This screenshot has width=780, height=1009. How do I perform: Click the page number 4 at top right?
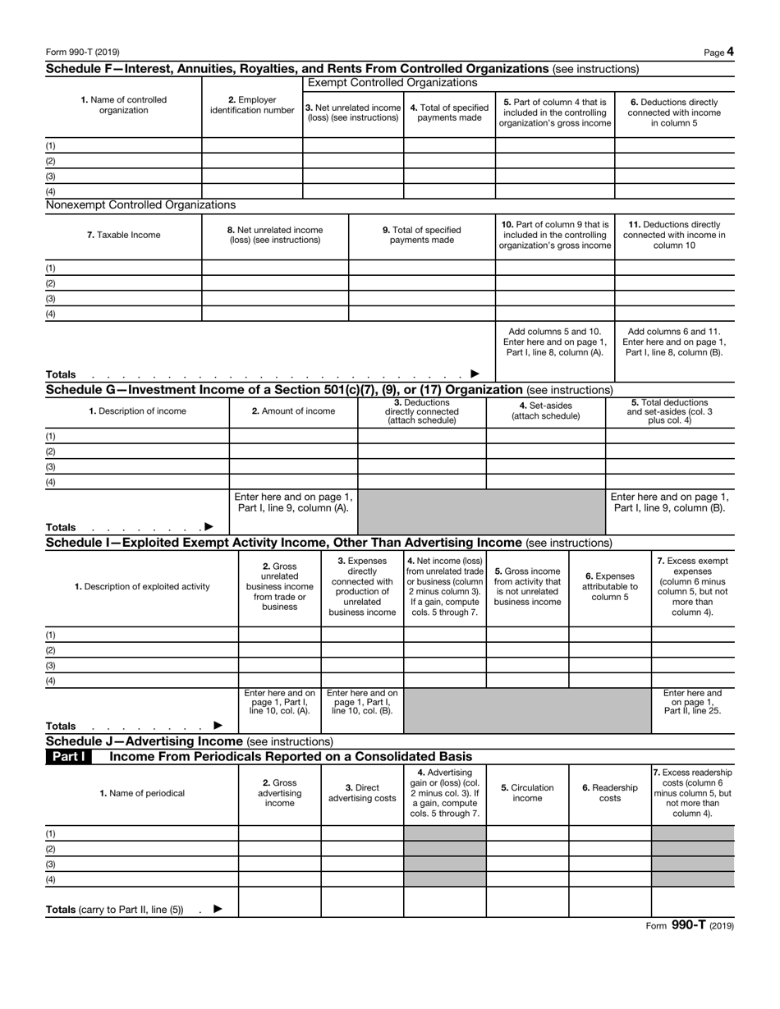pyautogui.click(x=730, y=52)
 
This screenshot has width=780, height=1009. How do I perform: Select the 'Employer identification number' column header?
pyautogui.click(x=252, y=105)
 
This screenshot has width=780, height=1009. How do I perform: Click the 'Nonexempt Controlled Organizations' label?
pyautogui.click(x=140, y=204)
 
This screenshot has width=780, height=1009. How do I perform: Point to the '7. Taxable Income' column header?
pyautogui.click(x=123, y=235)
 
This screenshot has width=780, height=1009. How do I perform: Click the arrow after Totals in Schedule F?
pyautogui.click(x=475, y=374)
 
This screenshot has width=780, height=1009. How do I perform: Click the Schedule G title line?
pyautogui.click(x=328, y=389)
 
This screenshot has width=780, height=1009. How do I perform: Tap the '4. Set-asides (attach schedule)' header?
pyautogui.click(x=545, y=410)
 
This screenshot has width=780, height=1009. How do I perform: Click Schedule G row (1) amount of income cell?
pyautogui.click(x=293, y=436)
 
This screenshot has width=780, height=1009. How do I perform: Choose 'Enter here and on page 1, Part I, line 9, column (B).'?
pyautogui.click(x=670, y=502)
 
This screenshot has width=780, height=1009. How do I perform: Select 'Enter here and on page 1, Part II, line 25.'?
pyautogui.click(x=692, y=702)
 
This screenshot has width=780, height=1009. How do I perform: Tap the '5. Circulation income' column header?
pyautogui.click(x=527, y=792)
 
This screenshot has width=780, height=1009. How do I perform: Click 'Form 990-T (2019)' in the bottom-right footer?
pyautogui.click(x=689, y=924)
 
